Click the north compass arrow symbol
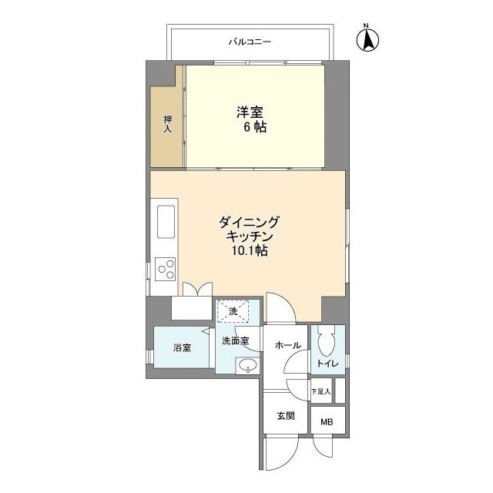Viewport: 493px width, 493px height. coord(367,39)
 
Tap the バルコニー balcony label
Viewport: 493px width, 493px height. coord(250,42)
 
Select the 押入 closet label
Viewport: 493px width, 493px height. coord(167,124)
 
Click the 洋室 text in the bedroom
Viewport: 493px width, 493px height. coord(250,112)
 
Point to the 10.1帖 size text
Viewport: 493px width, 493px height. coord(250,250)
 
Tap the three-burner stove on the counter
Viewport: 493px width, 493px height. coord(166,269)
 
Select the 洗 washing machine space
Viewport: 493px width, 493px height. coord(233,311)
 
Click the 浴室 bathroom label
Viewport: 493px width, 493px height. coord(182,347)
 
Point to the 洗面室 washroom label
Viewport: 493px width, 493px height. coord(236,340)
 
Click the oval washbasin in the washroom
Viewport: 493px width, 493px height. coord(248,365)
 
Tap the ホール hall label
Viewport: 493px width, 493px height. coord(287,346)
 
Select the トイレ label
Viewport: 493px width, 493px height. coord(327,364)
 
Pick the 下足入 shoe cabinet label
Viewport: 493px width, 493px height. coord(321,392)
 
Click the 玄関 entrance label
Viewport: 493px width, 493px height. coord(286,416)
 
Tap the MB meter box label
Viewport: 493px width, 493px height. coord(327,422)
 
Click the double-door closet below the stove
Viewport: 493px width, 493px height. coord(192,308)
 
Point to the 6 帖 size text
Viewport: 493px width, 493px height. coord(255,127)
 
